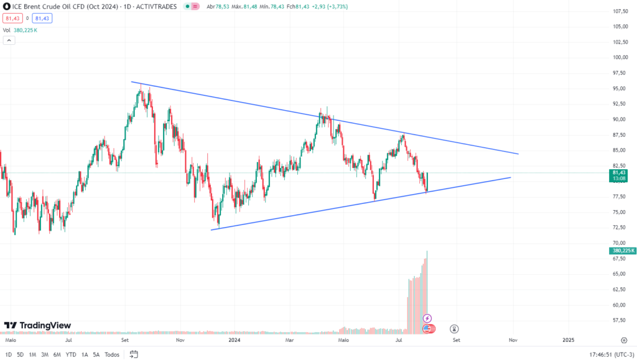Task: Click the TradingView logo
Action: click(x=37, y=325)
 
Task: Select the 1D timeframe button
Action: click(x=9, y=354)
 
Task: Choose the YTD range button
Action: click(x=71, y=354)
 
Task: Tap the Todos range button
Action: click(x=112, y=354)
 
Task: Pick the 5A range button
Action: click(x=96, y=354)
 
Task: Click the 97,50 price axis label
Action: click(x=619, y=73)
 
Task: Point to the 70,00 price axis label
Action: click(x=619, y=243)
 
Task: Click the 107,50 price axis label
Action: click(x=619, y=11)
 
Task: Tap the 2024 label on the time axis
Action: click(x=235, y=340)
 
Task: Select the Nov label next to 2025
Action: click(x=513, y=340)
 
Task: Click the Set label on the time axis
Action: click(x=456, y=340)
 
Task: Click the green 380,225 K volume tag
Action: click(x=622, y=251)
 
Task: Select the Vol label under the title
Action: click(x=6, y=30)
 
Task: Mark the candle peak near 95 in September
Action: click(x=141, y=85)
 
